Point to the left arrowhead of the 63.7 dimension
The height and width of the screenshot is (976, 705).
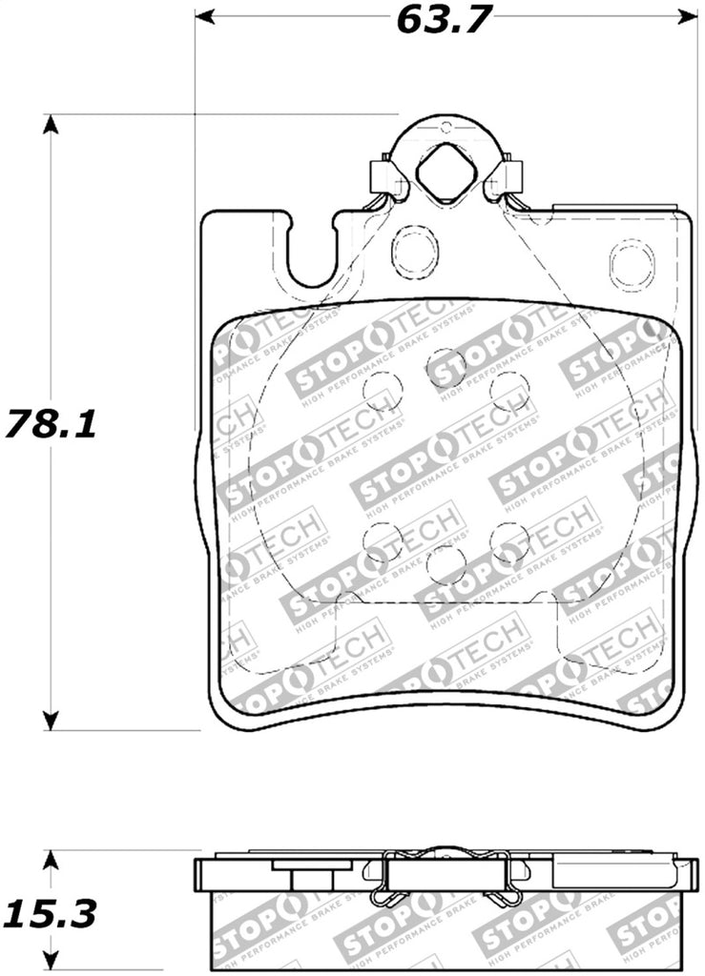point(203,16)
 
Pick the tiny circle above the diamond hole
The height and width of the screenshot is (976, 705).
point(446,127)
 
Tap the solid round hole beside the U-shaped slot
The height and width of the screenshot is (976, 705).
point(415,252)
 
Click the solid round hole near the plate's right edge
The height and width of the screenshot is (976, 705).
point(632,265)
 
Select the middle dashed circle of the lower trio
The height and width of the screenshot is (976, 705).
point(446,564)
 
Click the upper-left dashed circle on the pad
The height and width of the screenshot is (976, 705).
point(383,390)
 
